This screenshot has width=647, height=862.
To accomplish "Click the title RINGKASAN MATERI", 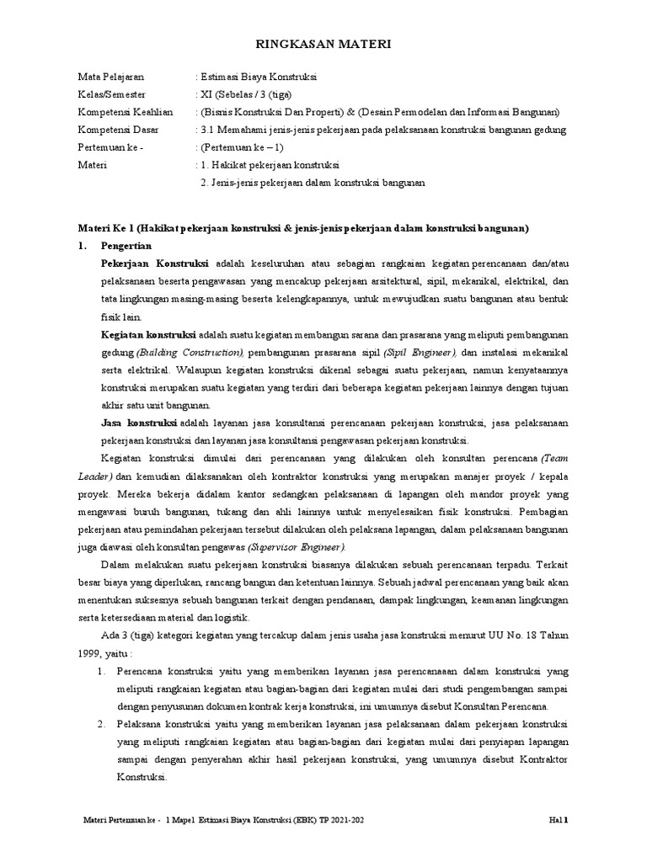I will (323, 45).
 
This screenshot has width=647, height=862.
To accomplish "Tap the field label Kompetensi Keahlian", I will (126, 112).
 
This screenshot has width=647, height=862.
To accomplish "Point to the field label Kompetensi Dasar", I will (120, 130).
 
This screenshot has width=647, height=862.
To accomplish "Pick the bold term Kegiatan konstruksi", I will (148, 334).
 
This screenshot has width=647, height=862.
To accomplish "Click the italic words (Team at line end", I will (553, 458).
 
